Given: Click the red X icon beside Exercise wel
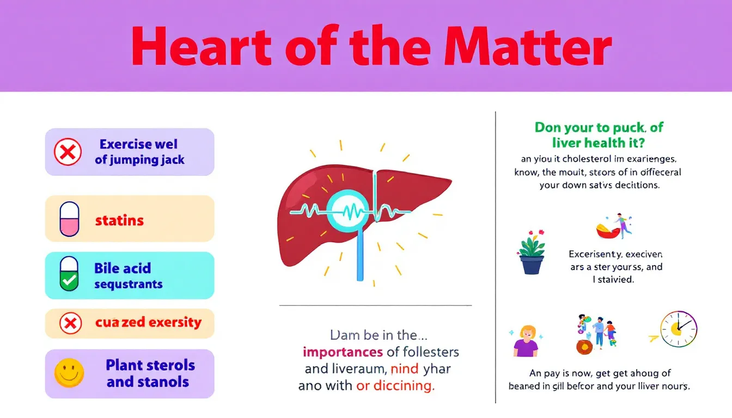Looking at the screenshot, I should tap(68, 152).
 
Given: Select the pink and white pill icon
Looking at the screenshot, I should tap(69, 219).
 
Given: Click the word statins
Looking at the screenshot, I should tap(119, 220).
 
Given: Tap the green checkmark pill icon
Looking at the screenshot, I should tap(69, 275).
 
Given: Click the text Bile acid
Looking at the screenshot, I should tap(123, 268).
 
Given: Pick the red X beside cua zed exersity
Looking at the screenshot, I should tap(70, 323).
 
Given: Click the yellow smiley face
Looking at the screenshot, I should tap(69, 373).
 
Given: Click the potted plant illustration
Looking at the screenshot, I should tap(532, 253).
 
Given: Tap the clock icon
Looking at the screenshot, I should tap(678, 330).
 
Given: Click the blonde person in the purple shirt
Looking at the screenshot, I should tap(525, 341).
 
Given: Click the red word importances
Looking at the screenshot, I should tap(343, 352).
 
